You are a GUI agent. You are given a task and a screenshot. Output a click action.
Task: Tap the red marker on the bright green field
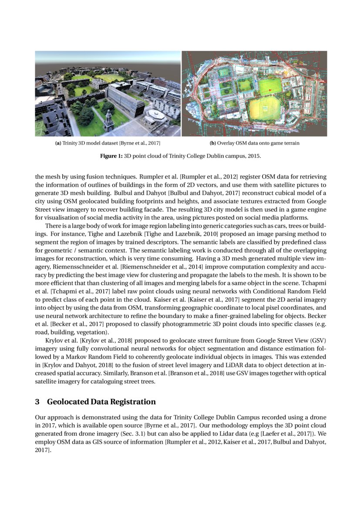[x=269, y=91]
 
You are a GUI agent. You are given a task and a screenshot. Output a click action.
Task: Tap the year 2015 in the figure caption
[x=253, y=155]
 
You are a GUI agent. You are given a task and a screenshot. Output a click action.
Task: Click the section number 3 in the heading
[x=37, y=401]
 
